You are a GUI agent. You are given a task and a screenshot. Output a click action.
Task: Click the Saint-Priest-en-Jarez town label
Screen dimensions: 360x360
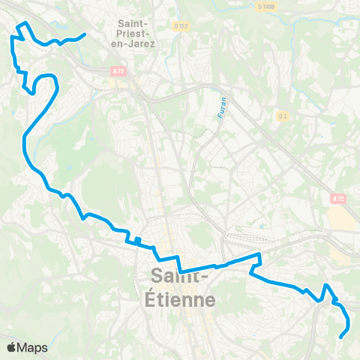click(x=136, y=33)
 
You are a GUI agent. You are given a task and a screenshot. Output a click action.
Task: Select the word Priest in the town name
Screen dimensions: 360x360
click(x=136, y=34)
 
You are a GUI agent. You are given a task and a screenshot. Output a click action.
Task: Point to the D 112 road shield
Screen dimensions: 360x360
click(x=180, y=25)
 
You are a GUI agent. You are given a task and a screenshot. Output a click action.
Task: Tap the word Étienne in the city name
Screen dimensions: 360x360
click(x=183, y=300)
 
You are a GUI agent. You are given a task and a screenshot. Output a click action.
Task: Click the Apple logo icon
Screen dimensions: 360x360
click(x=11, y=347)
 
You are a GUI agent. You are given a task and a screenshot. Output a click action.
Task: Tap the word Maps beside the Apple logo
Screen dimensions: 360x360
click(x=33, y=347)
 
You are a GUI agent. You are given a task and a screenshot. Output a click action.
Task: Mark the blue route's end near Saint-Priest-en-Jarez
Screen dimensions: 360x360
click(x=85, y=34)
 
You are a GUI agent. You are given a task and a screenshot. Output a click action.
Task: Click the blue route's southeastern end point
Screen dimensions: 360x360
click(x=342, y=337)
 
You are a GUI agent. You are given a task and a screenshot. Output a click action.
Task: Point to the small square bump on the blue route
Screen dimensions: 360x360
click(x=136, y=241)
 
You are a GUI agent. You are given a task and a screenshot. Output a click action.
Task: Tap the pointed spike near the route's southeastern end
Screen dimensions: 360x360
click(x=326, y=285)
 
